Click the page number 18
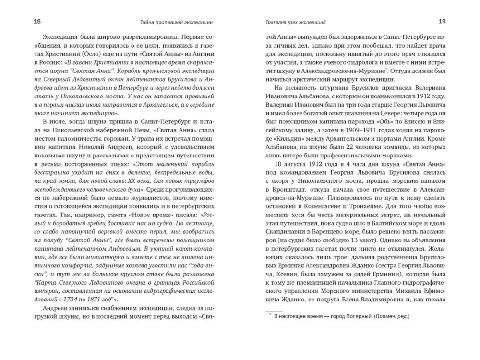(37, 21)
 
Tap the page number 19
(442, 21)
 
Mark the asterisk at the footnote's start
(269, 315)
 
